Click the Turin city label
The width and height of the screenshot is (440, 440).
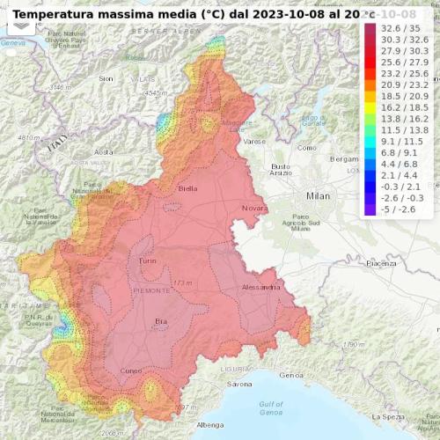(146, 263)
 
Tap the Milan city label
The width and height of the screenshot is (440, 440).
(318, 195)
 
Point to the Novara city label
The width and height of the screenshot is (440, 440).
(253, 208)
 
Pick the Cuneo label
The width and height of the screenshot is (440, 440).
(130, 370)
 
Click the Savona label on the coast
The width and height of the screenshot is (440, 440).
(239, 385)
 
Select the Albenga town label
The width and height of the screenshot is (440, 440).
(210, 425)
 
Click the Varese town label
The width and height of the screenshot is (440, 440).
(254, 141)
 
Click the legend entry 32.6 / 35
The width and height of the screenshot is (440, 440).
(400, 28)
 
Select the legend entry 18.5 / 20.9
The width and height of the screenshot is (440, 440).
(400, 95)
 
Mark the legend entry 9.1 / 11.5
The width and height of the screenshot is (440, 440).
(400, 141)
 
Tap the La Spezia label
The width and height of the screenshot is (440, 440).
(392, 415)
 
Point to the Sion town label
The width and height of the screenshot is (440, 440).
(106, 78)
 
